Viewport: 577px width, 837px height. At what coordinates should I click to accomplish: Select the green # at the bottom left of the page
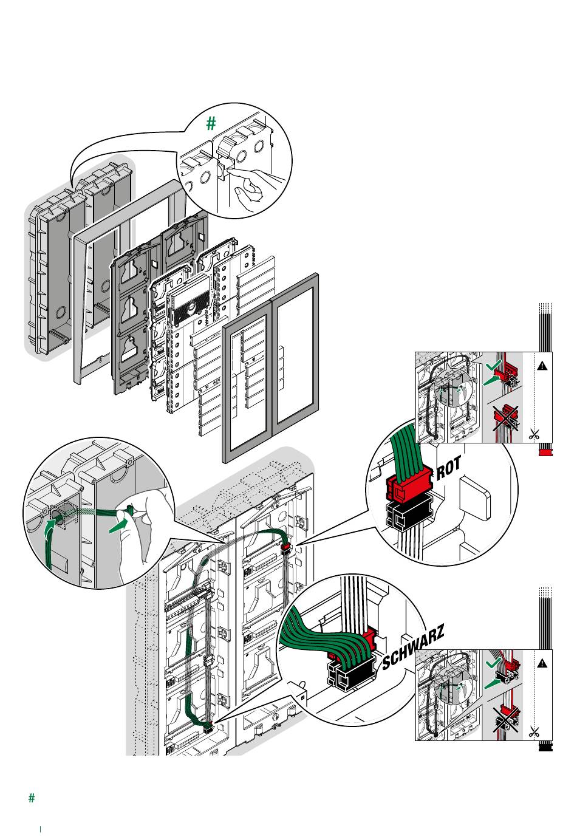click(32, 798)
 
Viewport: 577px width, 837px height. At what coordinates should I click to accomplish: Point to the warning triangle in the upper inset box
click(542, 366)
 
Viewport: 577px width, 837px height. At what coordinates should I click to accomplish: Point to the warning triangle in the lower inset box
click(542, 663)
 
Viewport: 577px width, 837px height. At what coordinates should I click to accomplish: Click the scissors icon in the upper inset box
click(534, 434)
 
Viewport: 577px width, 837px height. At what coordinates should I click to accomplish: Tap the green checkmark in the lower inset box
click(494, 663)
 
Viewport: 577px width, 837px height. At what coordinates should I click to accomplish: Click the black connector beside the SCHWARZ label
click(350, 672)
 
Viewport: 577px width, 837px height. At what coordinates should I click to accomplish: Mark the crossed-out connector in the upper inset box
click(505, 418)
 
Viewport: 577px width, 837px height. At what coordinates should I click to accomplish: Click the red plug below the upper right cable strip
click(545, 453)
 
